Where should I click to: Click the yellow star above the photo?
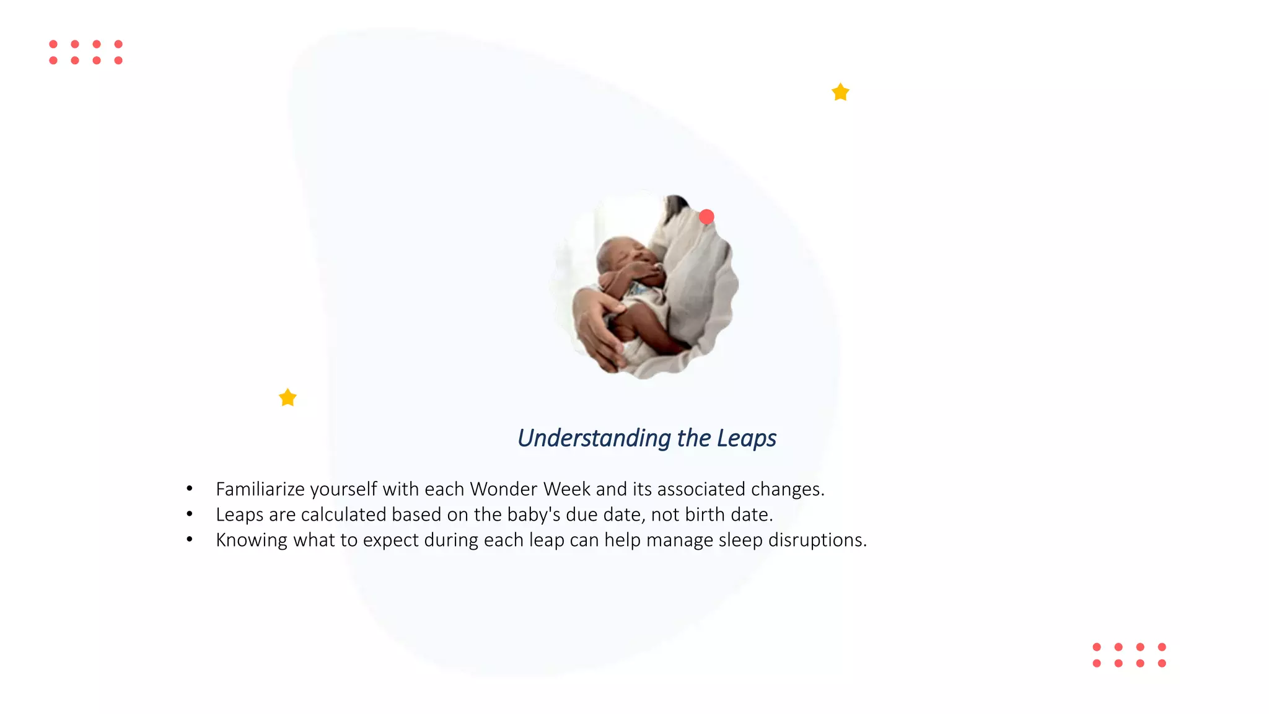click(x=840, y=92)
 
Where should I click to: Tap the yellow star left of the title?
click(x=288, y=397)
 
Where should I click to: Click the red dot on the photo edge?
click(x=706, y=217)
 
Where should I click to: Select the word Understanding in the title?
click(x=594, y=438)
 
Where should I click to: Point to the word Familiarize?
click(x=260, y=489)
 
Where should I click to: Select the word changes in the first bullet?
click(x=787, y=489)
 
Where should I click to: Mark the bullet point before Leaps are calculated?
click(x=190, y=514)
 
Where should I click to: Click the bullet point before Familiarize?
click(x=190, y=488)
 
